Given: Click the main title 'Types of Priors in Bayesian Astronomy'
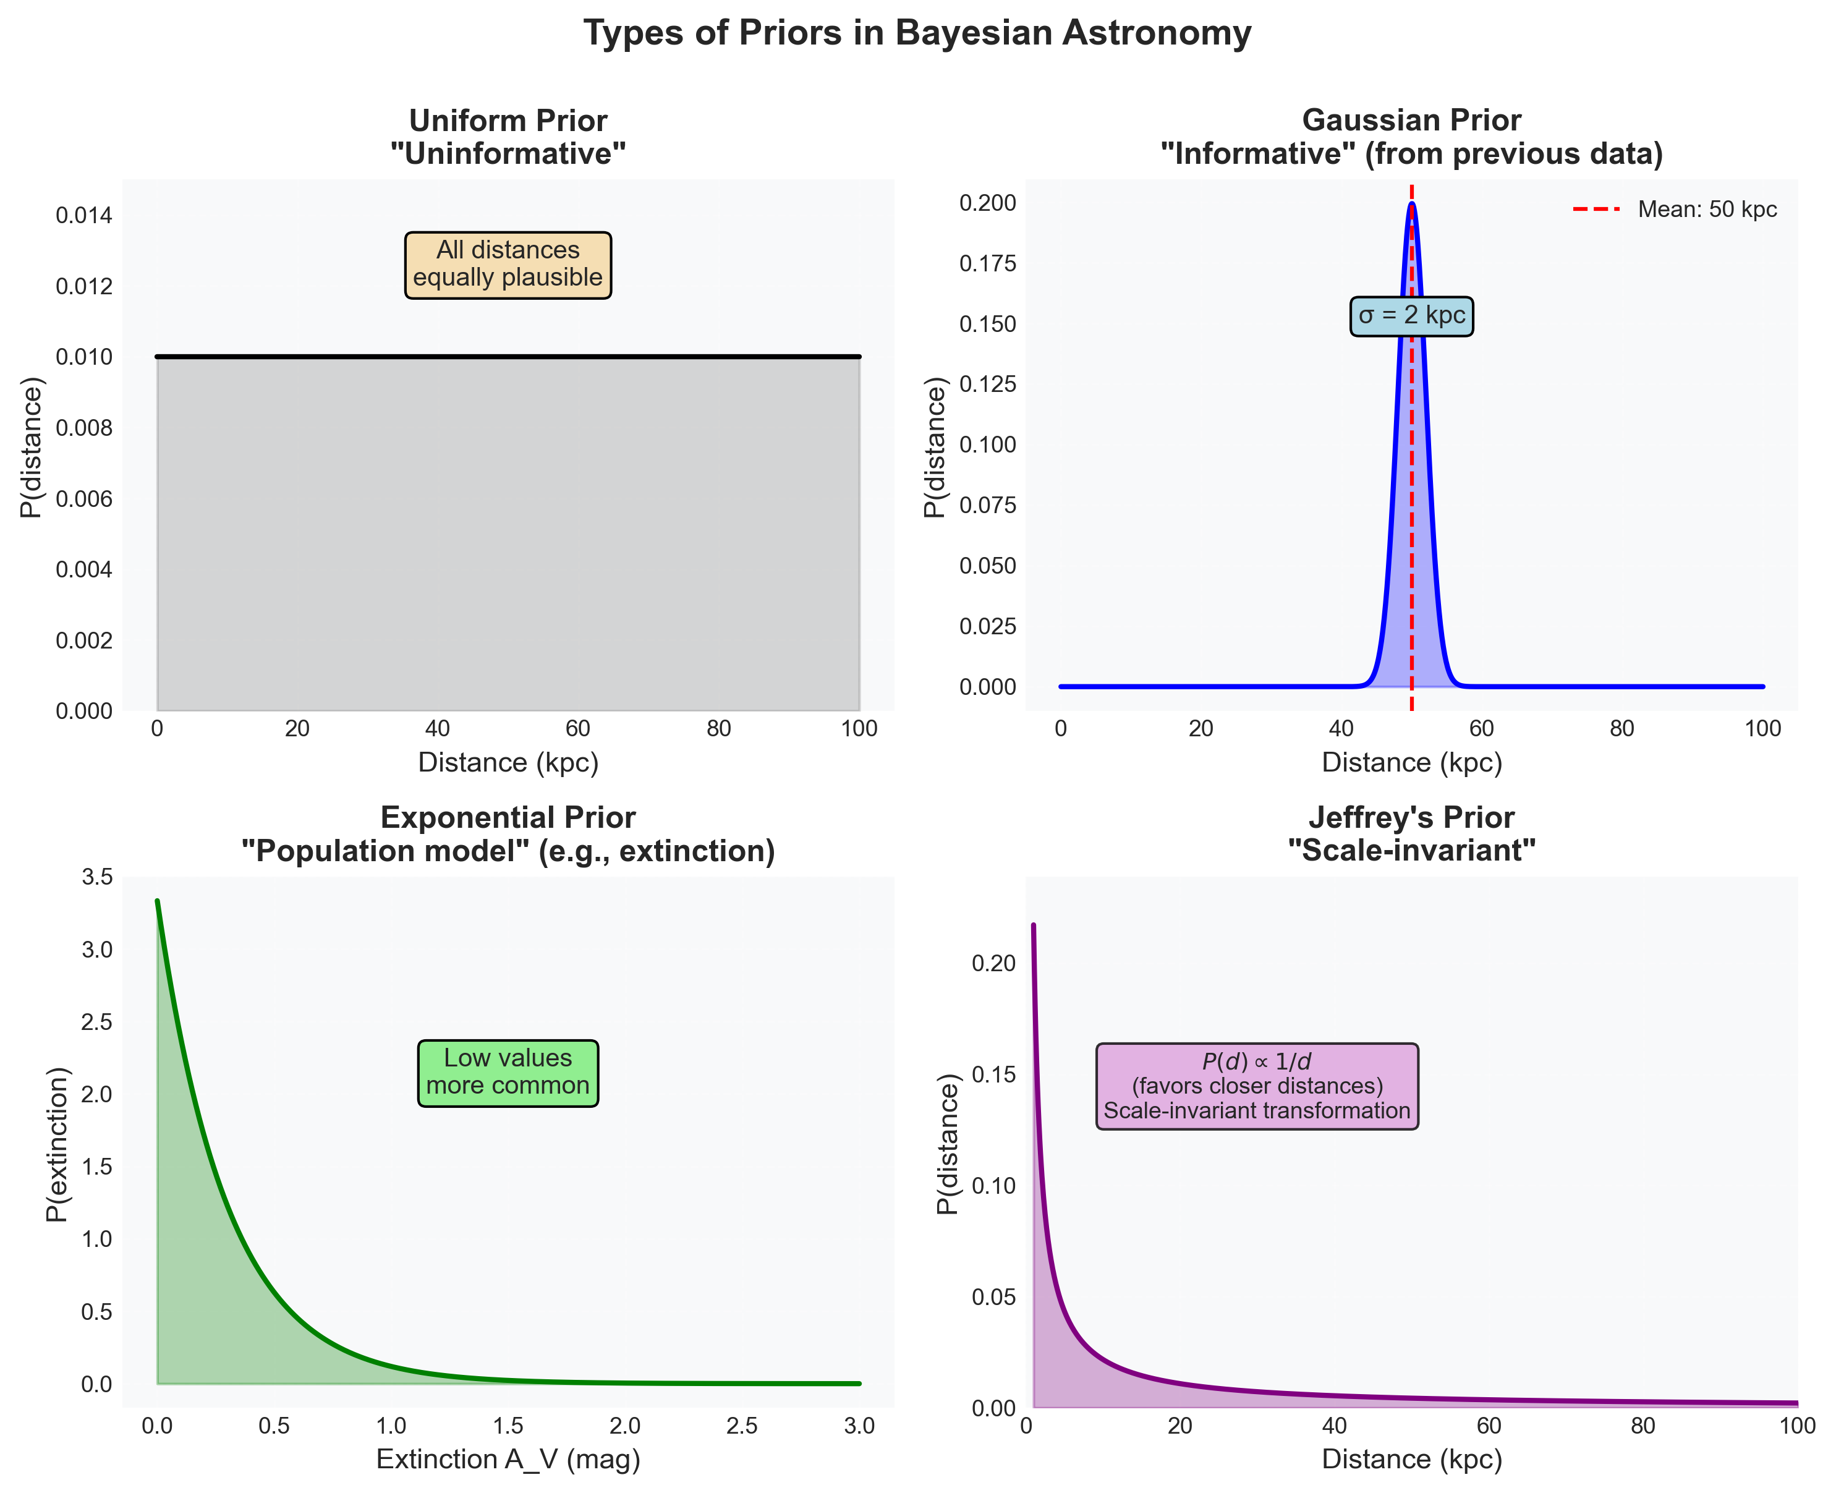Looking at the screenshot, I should (x=917, y=33).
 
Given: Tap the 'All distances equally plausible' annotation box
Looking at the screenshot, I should (x=508, y=264).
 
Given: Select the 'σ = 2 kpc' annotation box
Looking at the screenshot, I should (x=1411, y=316).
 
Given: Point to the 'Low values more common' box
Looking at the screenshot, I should (x=508, y=1073).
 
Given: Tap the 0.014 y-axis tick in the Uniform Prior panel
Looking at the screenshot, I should (x=84, y=215).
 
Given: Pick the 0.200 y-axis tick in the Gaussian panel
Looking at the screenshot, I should (x=987, y=203).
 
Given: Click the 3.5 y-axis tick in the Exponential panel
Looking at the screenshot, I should (x=96, y=877).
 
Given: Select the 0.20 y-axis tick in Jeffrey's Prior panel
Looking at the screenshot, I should (x=993, y=963).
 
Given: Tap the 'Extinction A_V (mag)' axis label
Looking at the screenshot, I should (x=508, y=1460).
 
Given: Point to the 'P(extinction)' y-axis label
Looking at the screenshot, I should (x=57, y=1144).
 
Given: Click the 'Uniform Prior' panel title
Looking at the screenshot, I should (x=508, y=121).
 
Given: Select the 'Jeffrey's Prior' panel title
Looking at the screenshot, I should (x=1411, y=817).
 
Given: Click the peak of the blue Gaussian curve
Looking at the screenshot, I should (x=1411, y=204).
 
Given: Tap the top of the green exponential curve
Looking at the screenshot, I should (x=158, y=901).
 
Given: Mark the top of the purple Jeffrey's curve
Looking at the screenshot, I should (x=1033, y=926).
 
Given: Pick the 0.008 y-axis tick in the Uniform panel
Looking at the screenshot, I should (x=84, y=428).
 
